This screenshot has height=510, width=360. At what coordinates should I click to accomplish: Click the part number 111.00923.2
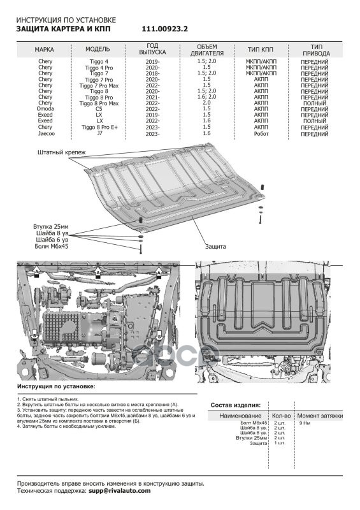point(164,29)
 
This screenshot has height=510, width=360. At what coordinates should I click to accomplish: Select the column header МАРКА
point(44,50)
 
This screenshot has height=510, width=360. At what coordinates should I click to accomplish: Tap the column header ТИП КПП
point(261,50)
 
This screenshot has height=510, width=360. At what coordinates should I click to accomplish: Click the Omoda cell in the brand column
point(45,109)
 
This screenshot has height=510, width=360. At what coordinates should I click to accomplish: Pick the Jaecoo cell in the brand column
point(45,134)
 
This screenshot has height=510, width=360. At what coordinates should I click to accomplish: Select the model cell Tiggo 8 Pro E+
point(99,127)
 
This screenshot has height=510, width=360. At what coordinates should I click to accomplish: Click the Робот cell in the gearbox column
point(261,134)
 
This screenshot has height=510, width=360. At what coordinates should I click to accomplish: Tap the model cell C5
point(99,109)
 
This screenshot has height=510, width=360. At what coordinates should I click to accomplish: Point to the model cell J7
point(99,133)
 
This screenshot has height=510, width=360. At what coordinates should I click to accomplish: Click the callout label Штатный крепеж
point(61,152)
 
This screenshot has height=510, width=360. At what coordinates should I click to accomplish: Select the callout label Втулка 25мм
point(51,227)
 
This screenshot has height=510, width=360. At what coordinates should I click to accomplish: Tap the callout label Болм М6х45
point(52,247)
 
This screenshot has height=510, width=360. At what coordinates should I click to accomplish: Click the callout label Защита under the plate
point(215,247)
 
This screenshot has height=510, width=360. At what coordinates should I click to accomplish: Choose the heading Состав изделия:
point(236,405)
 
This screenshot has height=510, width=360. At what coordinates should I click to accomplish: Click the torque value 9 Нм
point(305,423)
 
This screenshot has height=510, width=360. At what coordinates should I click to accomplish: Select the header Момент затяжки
point(320,416)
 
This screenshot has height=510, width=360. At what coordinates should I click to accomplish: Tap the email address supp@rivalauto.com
point(120,491)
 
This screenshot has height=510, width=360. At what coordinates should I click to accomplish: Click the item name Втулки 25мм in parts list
point(252,438)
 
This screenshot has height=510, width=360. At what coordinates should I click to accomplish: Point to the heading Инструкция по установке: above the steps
point(56,386)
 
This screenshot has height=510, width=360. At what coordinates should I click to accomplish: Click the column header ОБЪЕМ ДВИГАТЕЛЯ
point(207,50)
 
